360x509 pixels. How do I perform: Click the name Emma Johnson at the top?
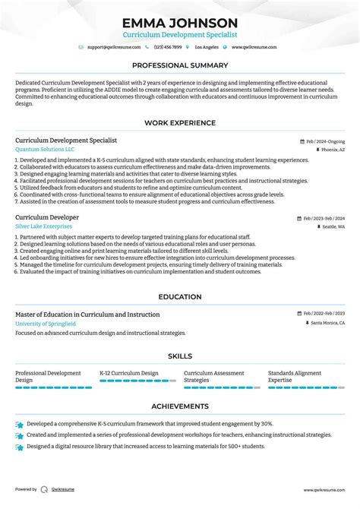180,23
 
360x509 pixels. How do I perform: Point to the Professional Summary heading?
180,65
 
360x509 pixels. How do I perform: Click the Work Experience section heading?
180,123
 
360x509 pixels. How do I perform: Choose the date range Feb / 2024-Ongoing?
325,141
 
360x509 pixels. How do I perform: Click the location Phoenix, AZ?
333,150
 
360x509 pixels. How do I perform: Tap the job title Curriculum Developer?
46,217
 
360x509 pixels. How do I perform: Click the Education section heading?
180,297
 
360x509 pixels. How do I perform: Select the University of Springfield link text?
46,324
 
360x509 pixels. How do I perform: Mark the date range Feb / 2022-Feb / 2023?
323,315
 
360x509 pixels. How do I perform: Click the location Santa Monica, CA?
327,324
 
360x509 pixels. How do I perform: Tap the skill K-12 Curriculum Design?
129,373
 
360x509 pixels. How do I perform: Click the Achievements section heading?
180,406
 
